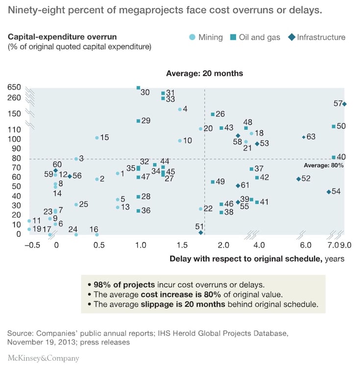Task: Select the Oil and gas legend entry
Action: tap(258, 37)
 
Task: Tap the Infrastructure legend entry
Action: tap(317, 37)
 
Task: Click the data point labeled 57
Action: tap(345, 104)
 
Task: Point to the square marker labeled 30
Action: tap(139, 88)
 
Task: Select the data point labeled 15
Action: tap(97, 138)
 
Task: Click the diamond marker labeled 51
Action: tap(201, 232)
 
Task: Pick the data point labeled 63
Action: tap(304, 137)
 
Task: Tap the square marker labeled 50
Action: tap(334, 126)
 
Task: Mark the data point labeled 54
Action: tap(329, 192)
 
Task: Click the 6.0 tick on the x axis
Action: tap(306, 245)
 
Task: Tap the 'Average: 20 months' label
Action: tap(204, 73)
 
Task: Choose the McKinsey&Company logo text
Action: tap(43, 358)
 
